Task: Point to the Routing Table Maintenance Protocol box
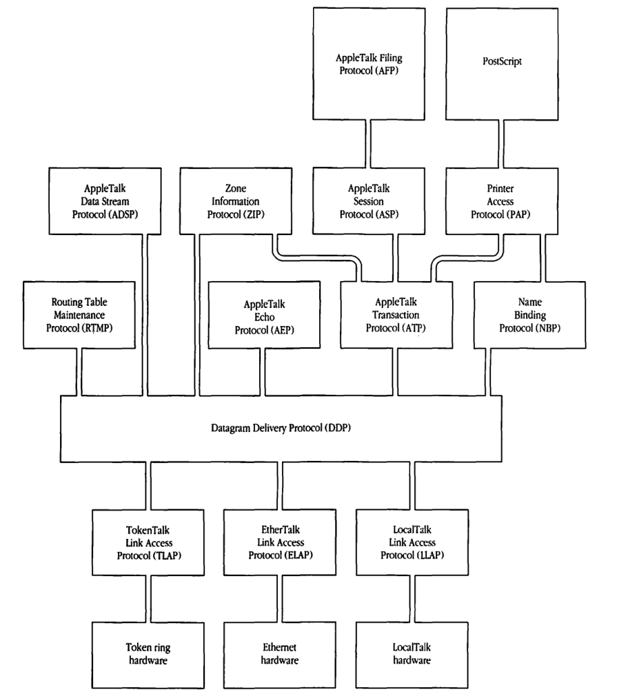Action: (67, 314)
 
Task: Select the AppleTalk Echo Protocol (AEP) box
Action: (263, 314)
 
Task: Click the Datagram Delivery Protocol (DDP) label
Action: (284, 429)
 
